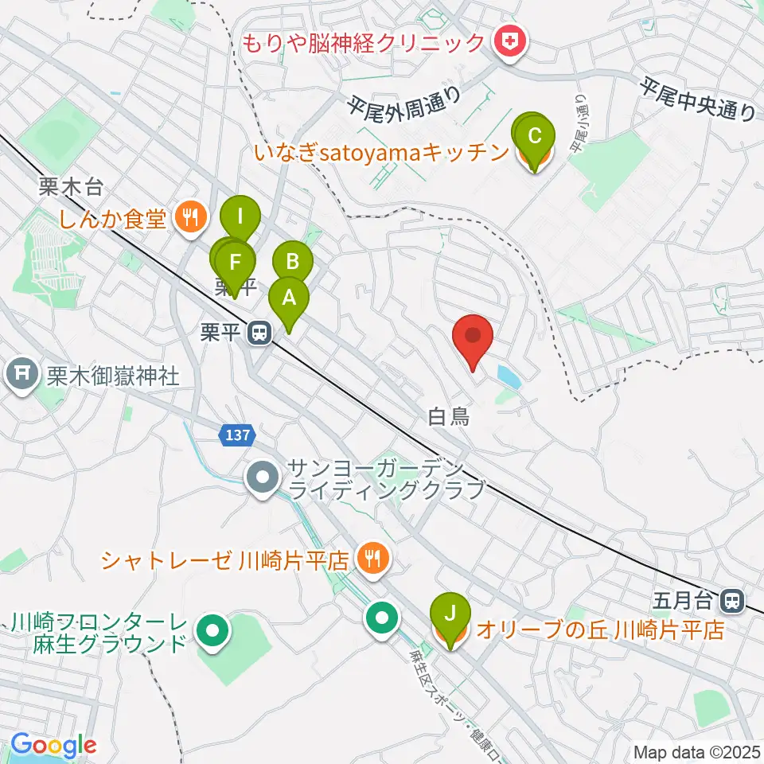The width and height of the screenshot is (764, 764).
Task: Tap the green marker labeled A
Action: click(288, 299)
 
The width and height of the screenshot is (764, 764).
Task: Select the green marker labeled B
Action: click(293, 261)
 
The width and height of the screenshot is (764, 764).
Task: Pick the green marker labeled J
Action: click(450, 614)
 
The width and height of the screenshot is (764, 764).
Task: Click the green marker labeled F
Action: click(235, 263)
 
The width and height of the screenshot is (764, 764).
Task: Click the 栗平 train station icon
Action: click(258, 333)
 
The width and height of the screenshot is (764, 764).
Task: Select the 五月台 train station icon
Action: click(734, 598)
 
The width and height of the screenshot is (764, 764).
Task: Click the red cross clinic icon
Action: click(509, 41)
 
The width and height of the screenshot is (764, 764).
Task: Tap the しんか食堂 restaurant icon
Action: click(190, 216)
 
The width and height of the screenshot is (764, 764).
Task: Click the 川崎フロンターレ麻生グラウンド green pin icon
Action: click(212, 632)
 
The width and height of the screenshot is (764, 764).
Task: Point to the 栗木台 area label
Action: click(70, 189)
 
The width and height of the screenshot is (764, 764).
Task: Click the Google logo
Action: click(53, 746)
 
